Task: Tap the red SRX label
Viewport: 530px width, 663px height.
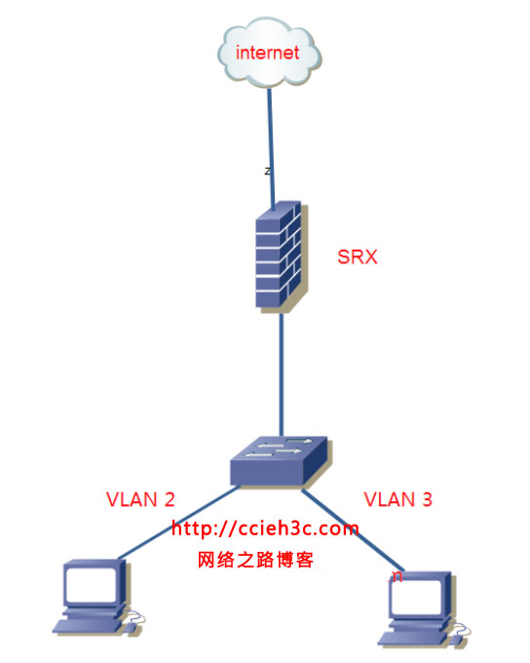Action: [357, 258]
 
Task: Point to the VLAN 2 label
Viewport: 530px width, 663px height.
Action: [140, 500]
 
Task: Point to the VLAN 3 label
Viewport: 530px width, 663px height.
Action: [397, 500]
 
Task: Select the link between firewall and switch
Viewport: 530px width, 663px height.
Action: [282, 375]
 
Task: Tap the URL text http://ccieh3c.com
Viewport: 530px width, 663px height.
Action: [265, 528]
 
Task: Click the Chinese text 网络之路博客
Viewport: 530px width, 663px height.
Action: [255, 561]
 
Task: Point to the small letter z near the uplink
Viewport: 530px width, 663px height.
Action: [268, 171]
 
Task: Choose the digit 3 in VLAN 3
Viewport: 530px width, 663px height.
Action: [427, 500]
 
